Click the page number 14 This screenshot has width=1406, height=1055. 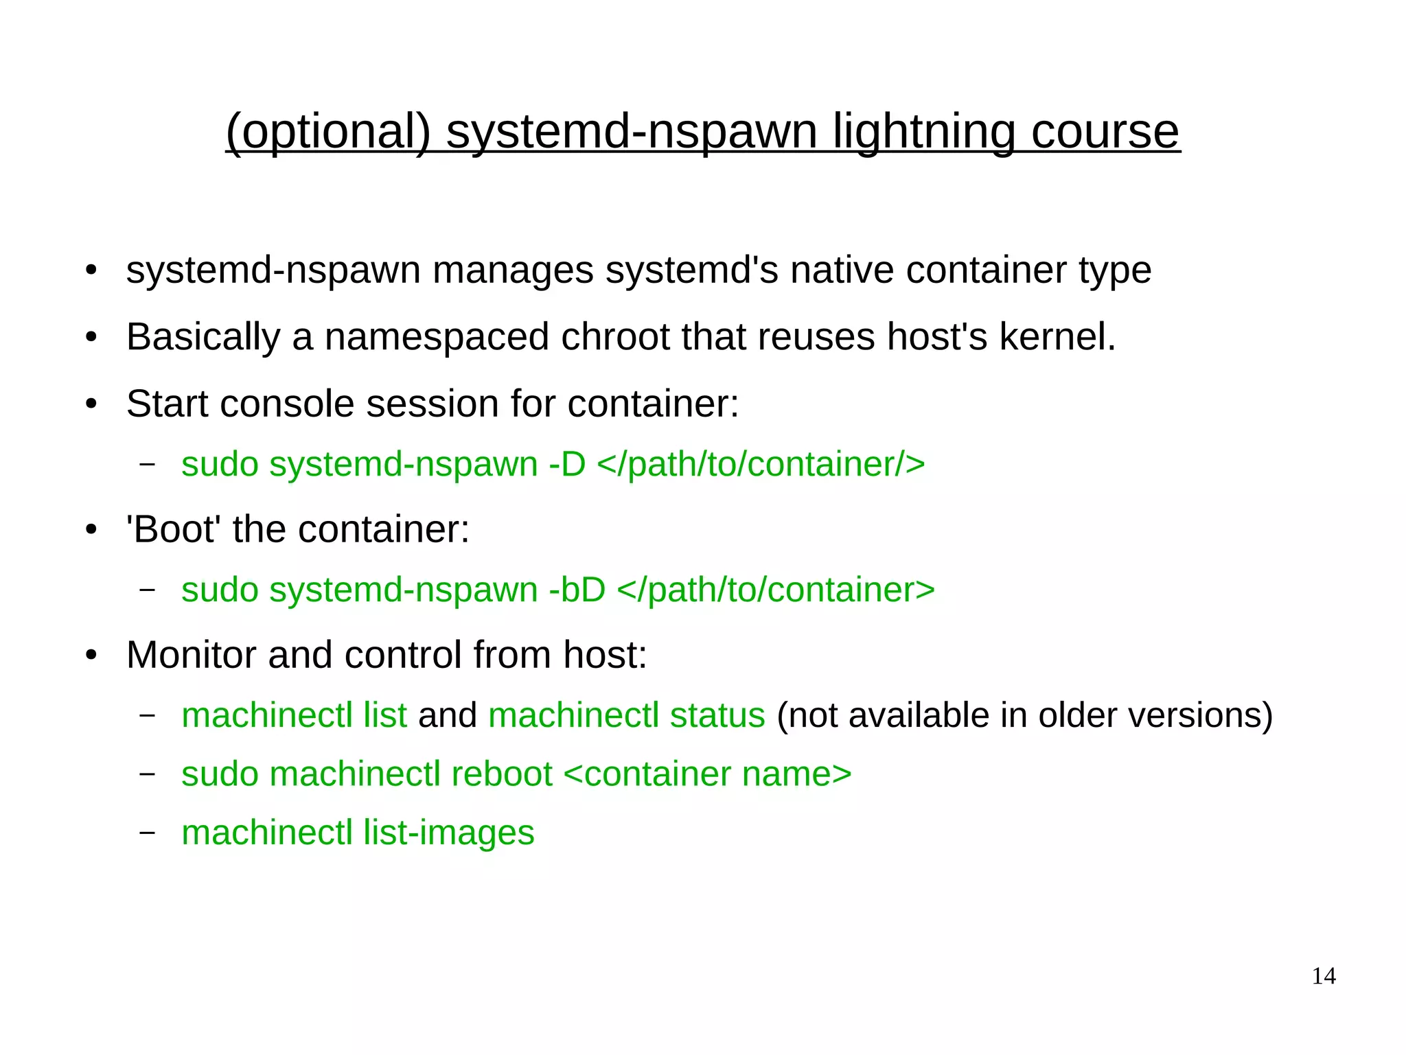click(1324, 976)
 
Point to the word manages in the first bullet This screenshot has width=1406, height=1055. click(512, 270)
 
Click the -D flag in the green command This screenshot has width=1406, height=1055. click(567, 464)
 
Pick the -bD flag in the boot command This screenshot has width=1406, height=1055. click(577, 590)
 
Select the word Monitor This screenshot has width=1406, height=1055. click(191, 655)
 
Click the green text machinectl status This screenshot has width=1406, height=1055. click(626, 715)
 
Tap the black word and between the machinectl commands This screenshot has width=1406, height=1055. click(447, 715)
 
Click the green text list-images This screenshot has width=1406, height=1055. click(448, 833)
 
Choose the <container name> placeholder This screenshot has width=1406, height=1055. click(707, 774)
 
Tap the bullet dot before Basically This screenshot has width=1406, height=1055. click(91, 338)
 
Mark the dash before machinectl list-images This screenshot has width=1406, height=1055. click(146, 833)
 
